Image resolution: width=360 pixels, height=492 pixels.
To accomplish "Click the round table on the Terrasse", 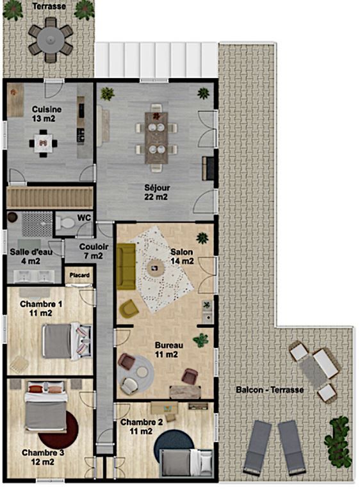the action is point(51,40).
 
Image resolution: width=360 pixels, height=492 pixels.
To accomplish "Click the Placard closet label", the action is point(79,275).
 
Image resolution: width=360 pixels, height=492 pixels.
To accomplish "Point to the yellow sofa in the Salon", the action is point(126,266).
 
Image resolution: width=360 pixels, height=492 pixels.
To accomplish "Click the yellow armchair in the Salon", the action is point(129,307).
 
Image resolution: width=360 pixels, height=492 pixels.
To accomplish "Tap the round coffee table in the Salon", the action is point(155,268).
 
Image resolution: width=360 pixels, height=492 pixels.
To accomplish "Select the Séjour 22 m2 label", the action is point(157,192).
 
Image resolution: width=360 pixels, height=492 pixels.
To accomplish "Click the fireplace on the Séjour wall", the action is point(208,168).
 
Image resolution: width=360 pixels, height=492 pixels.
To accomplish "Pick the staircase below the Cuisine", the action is point(49,198).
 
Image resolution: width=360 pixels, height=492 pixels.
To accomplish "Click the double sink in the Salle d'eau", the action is point(34,277).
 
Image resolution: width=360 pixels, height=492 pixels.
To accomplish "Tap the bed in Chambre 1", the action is point(67,341).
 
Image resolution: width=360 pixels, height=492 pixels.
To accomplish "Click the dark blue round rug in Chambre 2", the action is point(173,444).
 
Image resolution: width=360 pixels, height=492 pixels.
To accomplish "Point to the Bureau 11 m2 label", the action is point(169,350).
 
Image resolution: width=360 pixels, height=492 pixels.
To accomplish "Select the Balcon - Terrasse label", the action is point(270,390).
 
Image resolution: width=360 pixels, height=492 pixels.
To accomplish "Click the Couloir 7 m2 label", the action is point(94,251).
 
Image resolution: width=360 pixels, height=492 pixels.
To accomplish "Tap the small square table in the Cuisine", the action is point(44,143).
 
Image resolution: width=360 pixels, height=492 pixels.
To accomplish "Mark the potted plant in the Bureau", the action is point(201,340).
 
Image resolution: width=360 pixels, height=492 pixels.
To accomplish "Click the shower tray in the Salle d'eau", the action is point(37,224).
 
